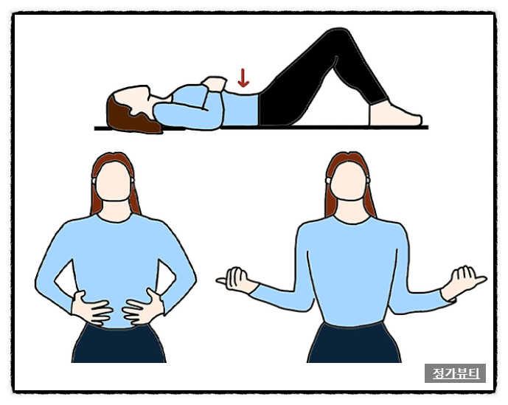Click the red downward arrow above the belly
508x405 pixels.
tap(243, 77)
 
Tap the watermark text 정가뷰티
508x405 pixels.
tap(455, 373)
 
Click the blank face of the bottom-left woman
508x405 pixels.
tap(114, 181)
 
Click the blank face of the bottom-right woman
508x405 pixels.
tap(349, 181)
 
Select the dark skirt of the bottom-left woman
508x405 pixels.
tap(119, 344)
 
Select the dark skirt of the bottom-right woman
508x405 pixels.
tap(354, 343)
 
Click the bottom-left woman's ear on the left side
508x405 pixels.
tap(94, 180)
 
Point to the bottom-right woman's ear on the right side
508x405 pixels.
tap(368, 179)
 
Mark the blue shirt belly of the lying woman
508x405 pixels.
tap(240, 108)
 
